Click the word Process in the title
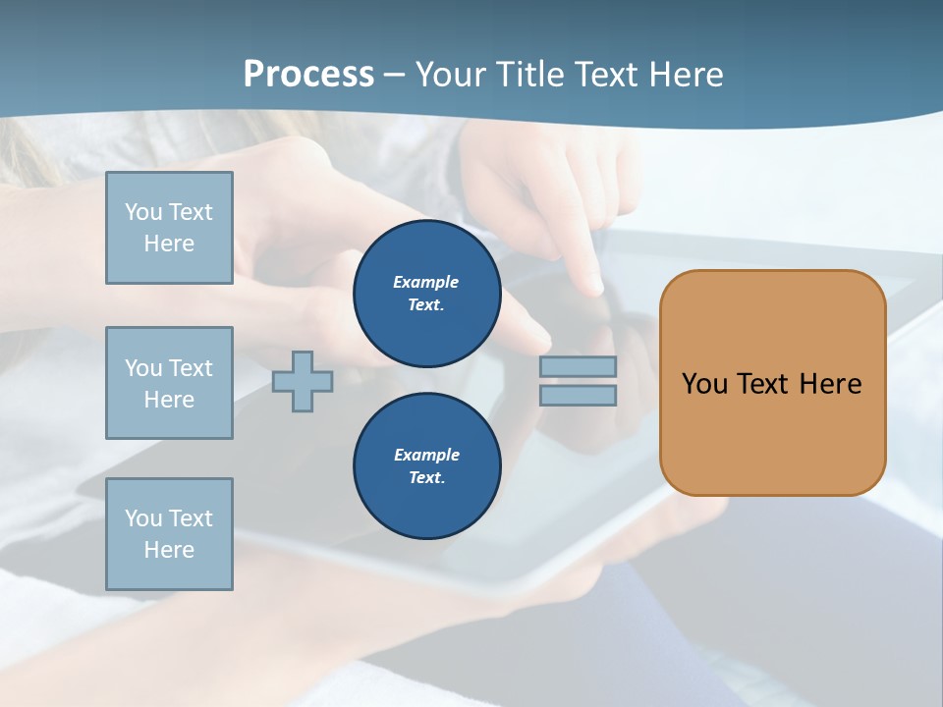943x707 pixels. tap(308, 74)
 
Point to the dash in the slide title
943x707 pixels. tap(394, 75)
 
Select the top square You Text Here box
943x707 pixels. tap(169, 228)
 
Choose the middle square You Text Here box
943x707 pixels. tap(169, 383)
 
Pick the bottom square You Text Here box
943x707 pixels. tap(169, 534)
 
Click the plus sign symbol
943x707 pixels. tap(303, 381)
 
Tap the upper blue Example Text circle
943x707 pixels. tap(426, 294)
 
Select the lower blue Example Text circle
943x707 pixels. tap(426, 466)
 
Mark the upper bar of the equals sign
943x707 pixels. tap(578, 366)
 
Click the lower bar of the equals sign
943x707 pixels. tap(578, 395)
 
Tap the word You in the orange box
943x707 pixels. tap(704, 384)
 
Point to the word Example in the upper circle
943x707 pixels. tap(426, 282)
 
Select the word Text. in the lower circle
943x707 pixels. tap(426, 478)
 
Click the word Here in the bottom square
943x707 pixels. tap(169, 550)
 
